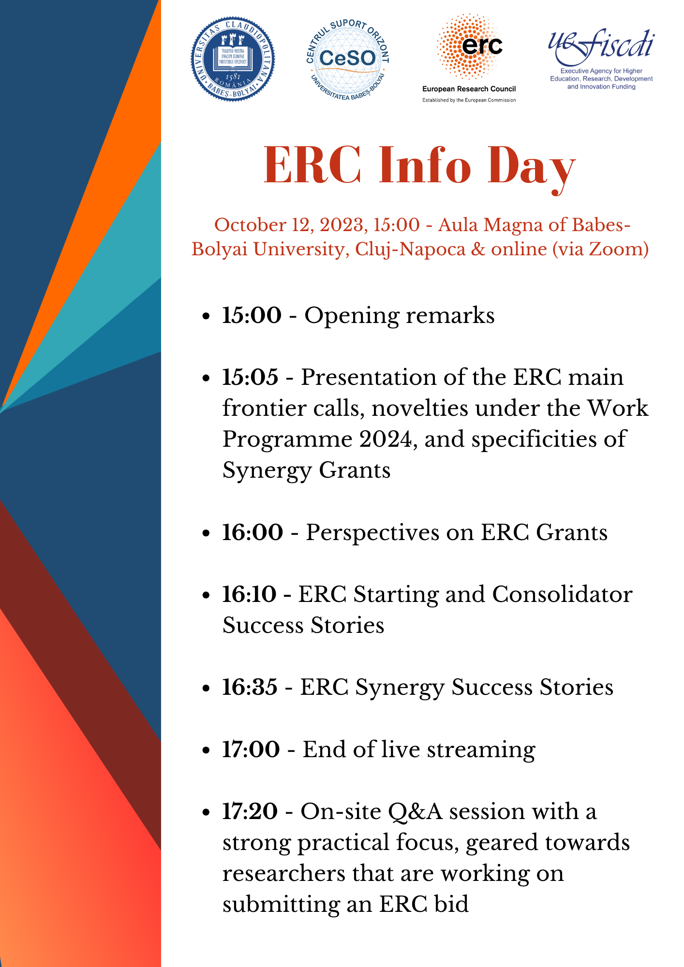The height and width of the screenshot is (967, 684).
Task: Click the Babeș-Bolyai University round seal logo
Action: pyautogui.click(x=233, y=59)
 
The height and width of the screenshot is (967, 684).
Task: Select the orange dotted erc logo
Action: pyautogui.click(x=470, y=47)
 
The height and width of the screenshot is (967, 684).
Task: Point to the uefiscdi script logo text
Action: pyautogui.click(x=601, y=47)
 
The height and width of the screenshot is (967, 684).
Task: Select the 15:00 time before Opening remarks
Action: pyautogui.click(x=252, y=315)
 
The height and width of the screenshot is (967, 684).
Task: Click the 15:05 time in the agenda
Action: pyautogui.click(x=250, y=377)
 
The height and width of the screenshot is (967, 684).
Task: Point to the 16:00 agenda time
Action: pyautogui.click(x=253, y=532)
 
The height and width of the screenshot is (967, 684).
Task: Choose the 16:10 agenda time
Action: pyautogui.click(x=249, y=594)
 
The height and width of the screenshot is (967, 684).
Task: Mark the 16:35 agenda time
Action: pyautogui.click(x=250, y=687)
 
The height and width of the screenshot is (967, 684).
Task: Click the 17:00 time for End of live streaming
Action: pyautogui.click(x=251, y=749)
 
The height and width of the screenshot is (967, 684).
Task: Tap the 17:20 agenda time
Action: pyautogui.click(x=250, y=811)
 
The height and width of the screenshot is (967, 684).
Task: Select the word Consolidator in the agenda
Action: pyautogui.click(x=562, y=594)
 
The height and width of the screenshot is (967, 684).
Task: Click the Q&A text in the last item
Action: pyautogui.click(x=415, y=812)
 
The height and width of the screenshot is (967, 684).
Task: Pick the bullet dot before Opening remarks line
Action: pyautogui.click(x=207, y=317)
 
